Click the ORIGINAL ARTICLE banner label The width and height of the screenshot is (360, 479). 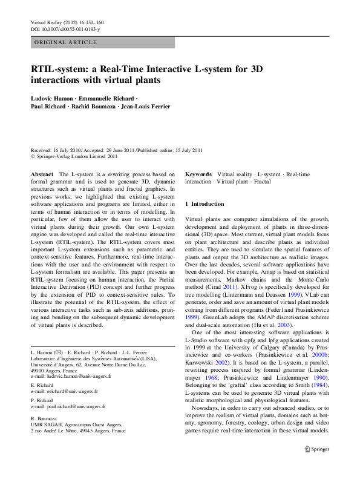pos(66,42)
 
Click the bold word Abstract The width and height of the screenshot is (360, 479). pos(42,174)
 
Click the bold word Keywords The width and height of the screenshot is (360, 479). pos(198,174)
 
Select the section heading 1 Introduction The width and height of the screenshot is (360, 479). pos(205,204)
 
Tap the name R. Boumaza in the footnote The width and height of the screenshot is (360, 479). pos(44,418)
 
